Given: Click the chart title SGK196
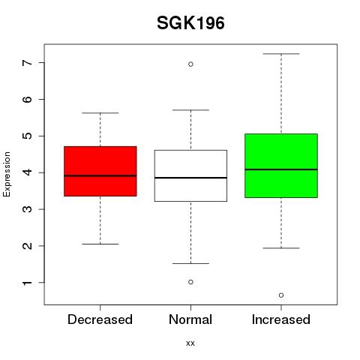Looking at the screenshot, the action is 190,23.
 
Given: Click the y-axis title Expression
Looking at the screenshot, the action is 7,174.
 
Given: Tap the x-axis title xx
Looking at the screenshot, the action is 190,343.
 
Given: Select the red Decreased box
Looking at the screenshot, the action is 100,171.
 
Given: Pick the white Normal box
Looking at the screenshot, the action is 190,175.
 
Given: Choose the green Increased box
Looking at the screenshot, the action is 281,166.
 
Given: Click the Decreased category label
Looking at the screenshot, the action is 100,319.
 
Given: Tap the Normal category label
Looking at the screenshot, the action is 190,319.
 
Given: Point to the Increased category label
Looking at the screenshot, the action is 281,319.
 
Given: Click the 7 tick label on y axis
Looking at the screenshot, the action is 28,62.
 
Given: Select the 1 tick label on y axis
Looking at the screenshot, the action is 28,283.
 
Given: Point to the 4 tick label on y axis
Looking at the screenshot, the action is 28,172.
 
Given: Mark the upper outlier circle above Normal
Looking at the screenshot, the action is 190,64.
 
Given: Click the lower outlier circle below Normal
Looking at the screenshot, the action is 190,282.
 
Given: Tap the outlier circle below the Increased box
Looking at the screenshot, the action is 281,295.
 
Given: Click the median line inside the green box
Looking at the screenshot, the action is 281,169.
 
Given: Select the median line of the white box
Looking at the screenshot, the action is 190,178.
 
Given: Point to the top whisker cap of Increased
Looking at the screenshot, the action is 281,54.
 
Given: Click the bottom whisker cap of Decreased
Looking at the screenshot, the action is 100,244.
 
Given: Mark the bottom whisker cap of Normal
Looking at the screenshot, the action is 190,263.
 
